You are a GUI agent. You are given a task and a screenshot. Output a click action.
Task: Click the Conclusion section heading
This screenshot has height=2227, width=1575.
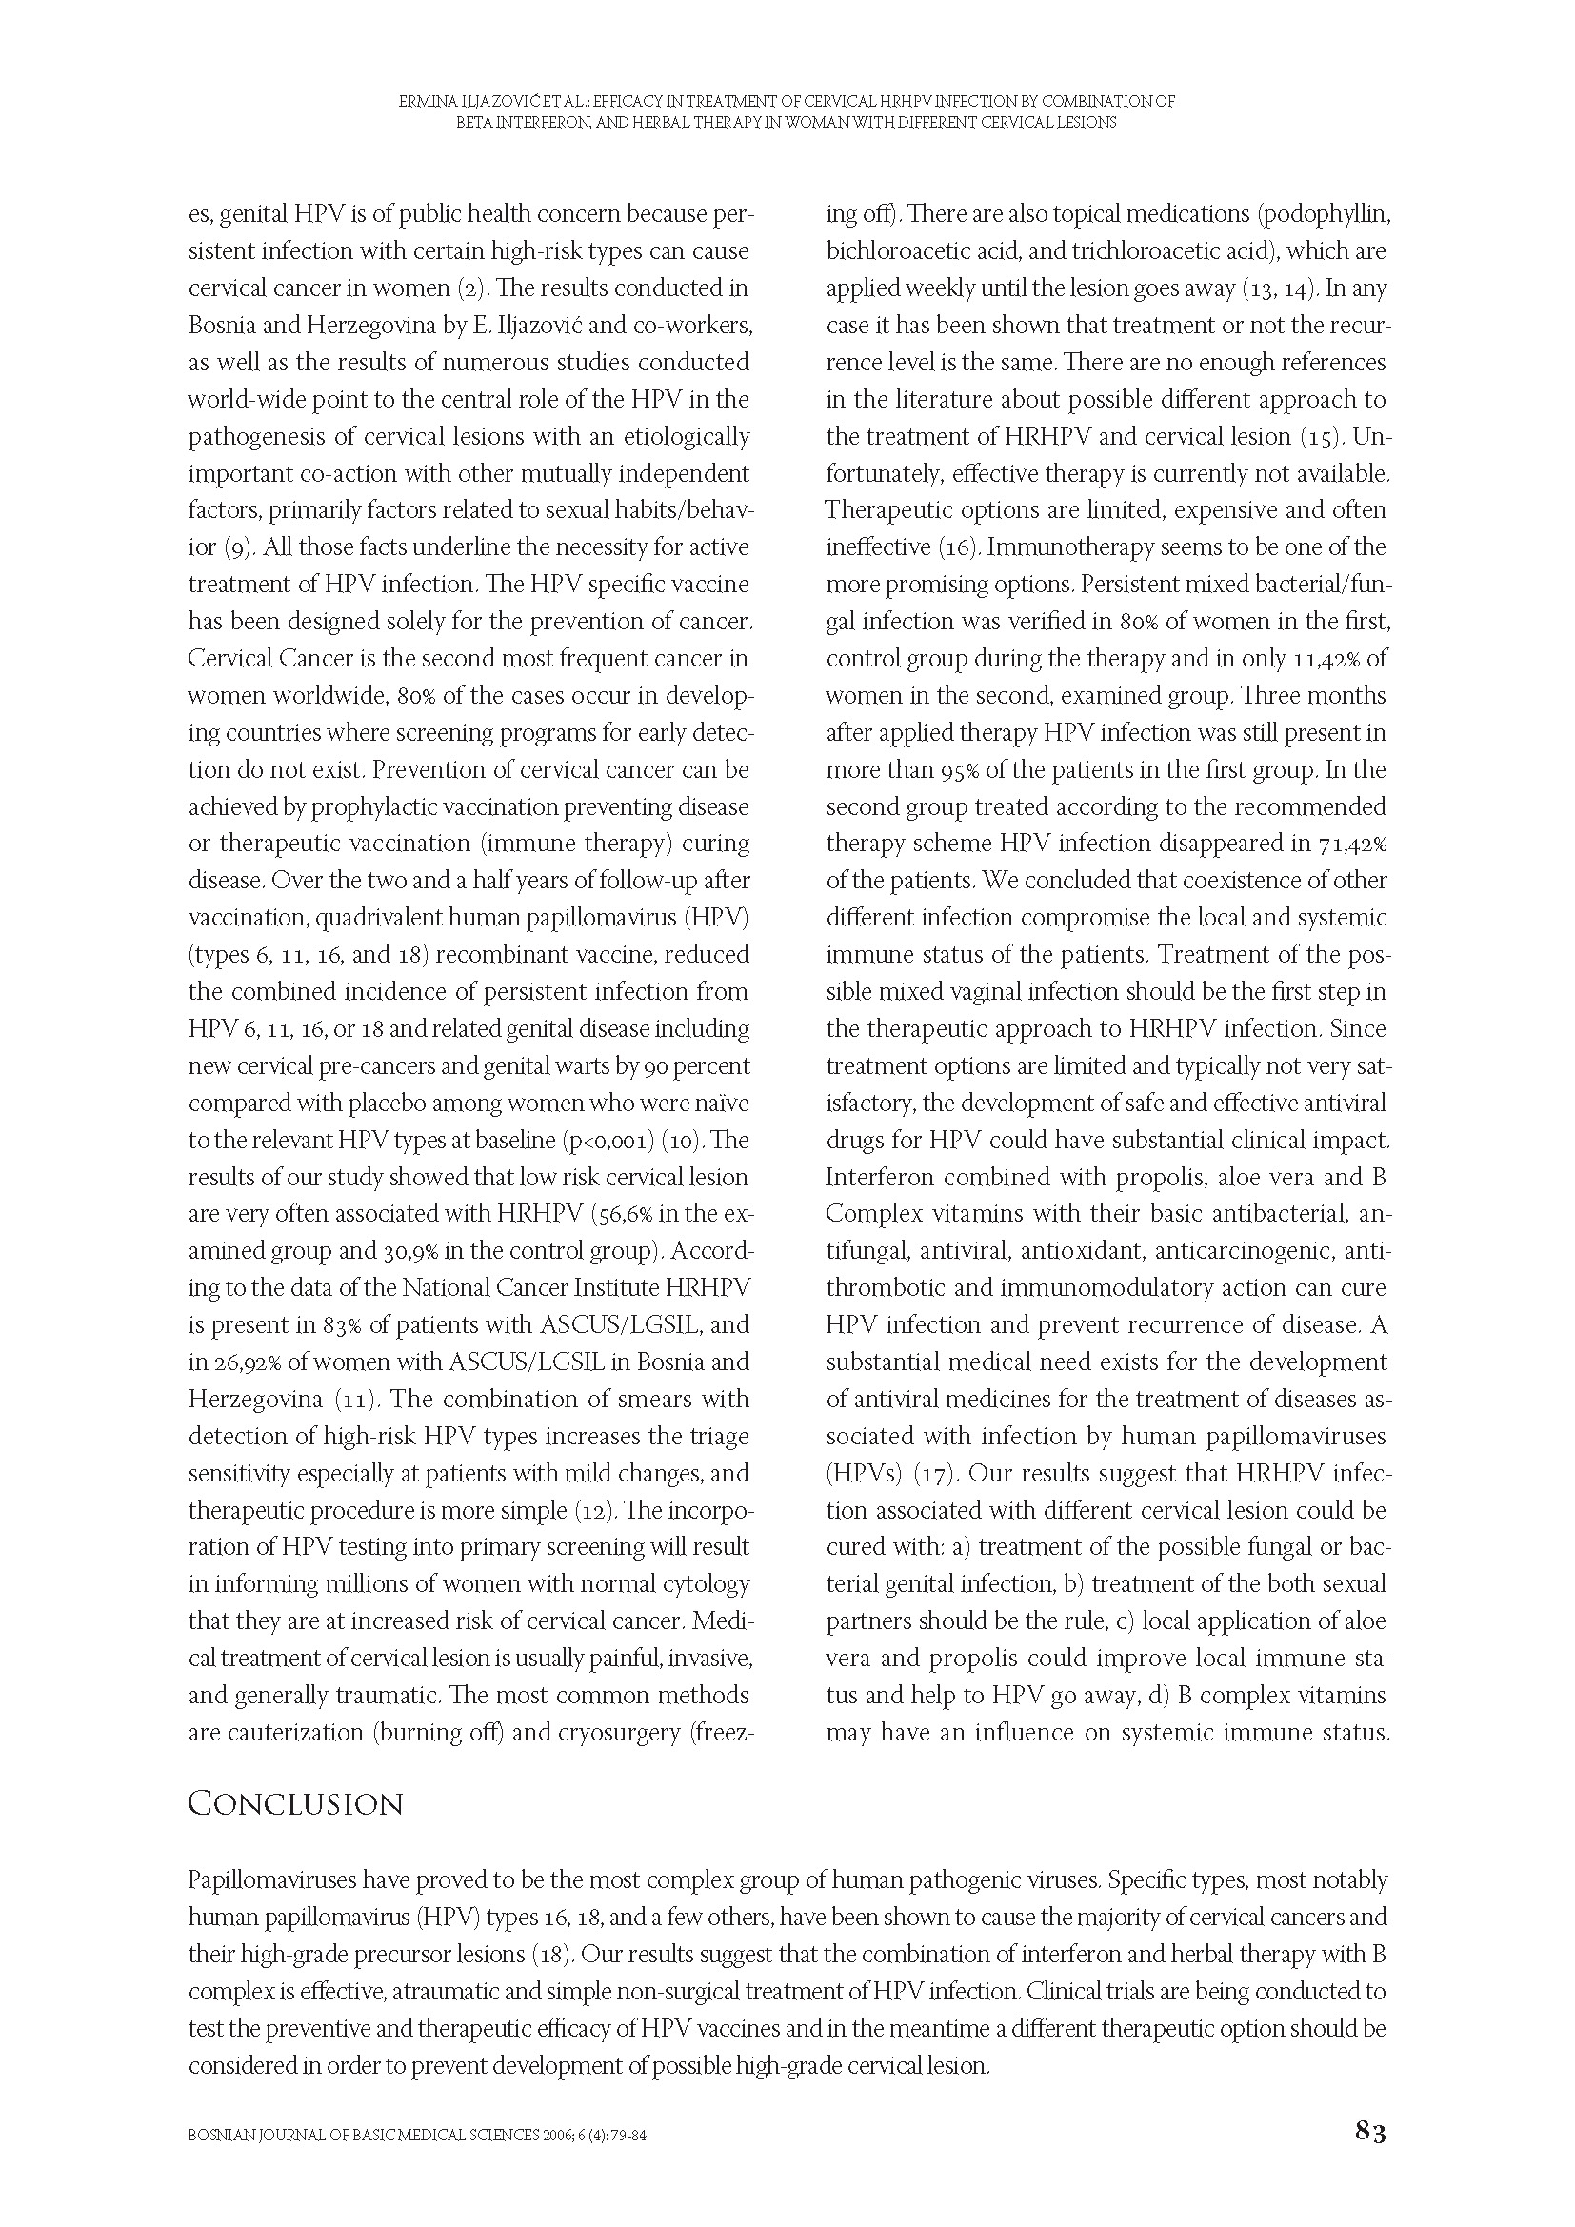[295, 1804]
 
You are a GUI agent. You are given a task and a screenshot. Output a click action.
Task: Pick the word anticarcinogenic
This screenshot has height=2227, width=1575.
[1244, 1251]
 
